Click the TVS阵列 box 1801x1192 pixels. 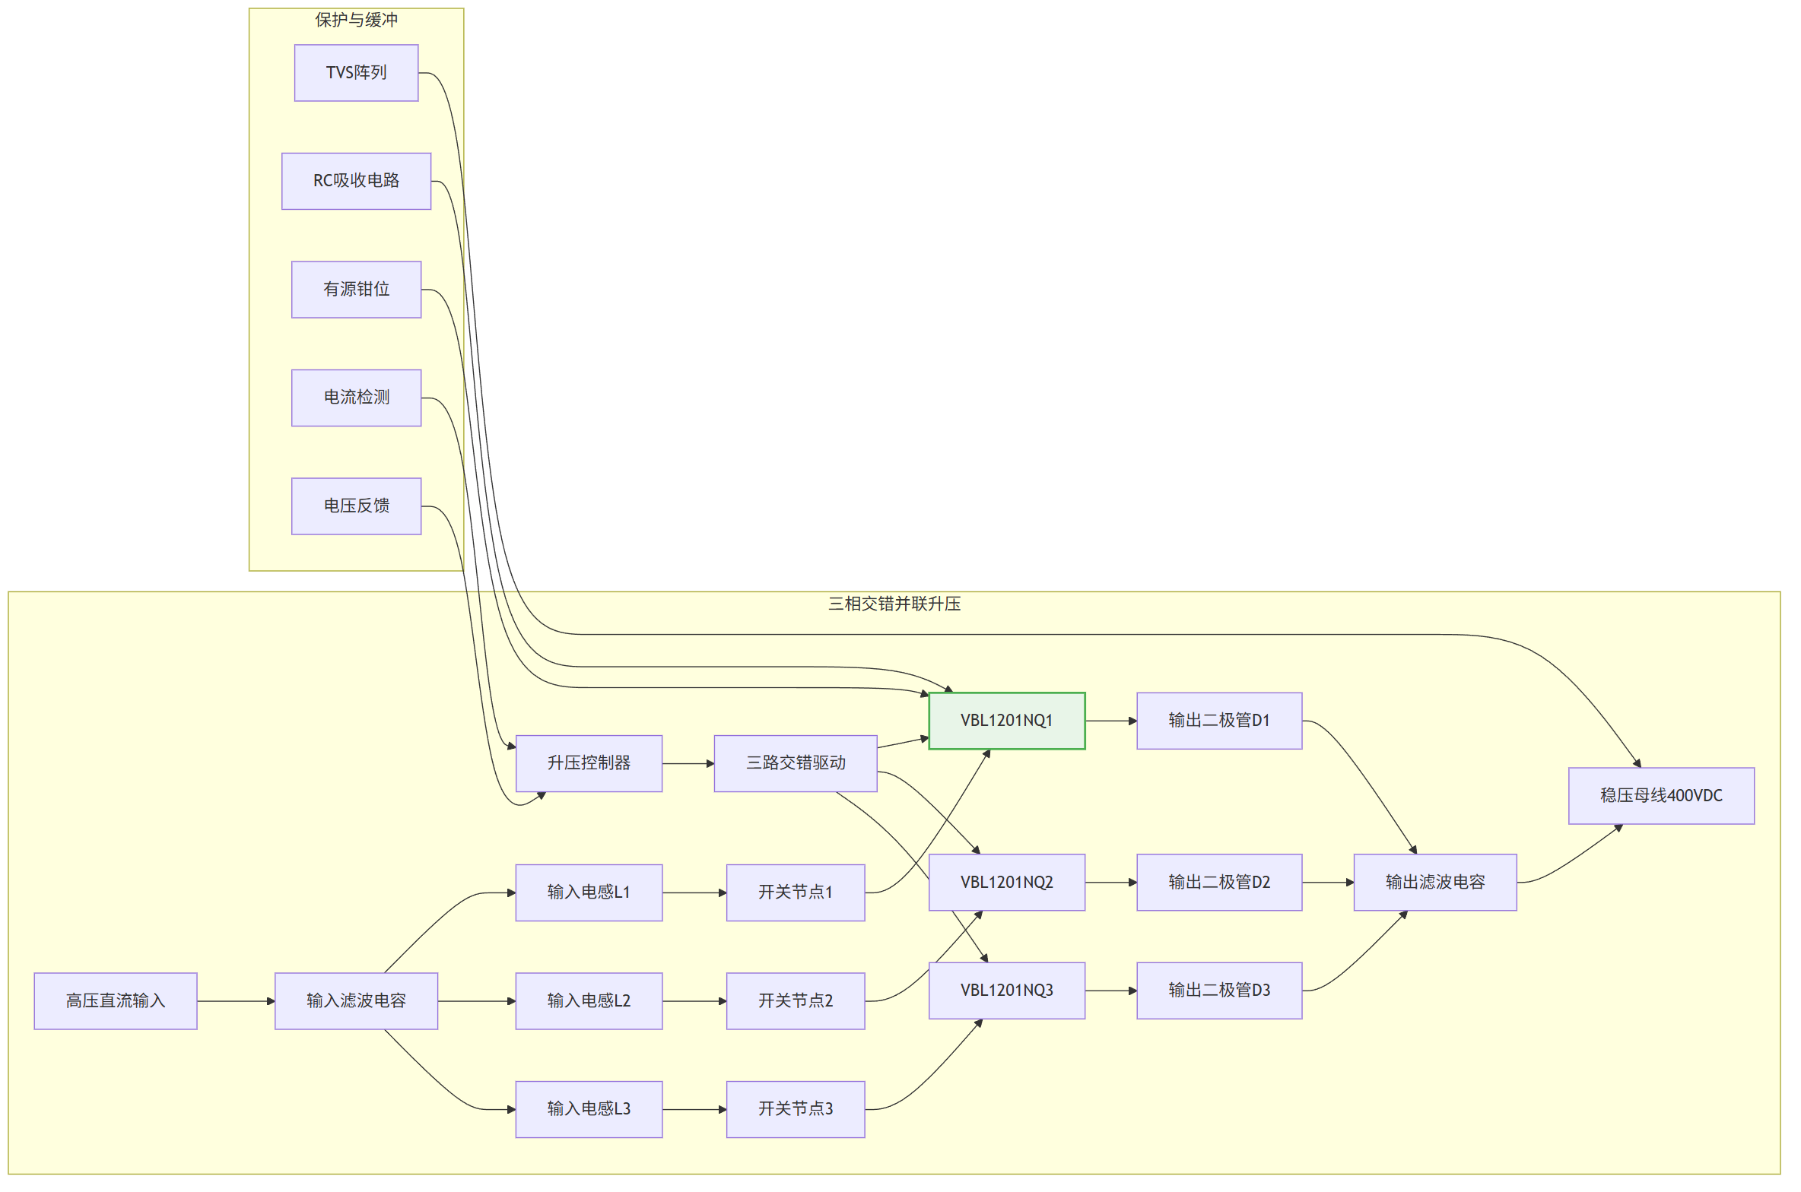tap(356, 73)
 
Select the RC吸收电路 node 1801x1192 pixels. tap(356, 181)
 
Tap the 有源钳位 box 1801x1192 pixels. tap(356, 290)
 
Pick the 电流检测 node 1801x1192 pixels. tap(356, 398)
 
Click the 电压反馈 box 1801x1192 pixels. tap(356, 506)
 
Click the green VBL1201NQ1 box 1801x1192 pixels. tap(1006, 721)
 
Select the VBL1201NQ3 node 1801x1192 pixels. tap(1006, 991)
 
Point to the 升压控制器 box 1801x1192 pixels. tap(589, 763)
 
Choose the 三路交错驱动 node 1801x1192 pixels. tap(796, 763)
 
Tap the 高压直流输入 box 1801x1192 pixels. tap(116, 1001)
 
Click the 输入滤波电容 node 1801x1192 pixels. tap(356, 1001)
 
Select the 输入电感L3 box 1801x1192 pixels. tap(589, 1109)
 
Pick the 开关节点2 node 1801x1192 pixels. tap(796, 1001)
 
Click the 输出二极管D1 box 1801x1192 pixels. tap(1219, 721)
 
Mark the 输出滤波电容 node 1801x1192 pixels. tap(1435, 883)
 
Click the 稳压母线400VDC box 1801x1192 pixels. tap(1661, 796)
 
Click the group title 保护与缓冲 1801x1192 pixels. tap(356, 20)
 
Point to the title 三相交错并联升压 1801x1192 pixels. tap(894, 604)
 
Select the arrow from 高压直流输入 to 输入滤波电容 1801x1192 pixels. tap(236, 1001)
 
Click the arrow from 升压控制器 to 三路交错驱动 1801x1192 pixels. tap(688, 763)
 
